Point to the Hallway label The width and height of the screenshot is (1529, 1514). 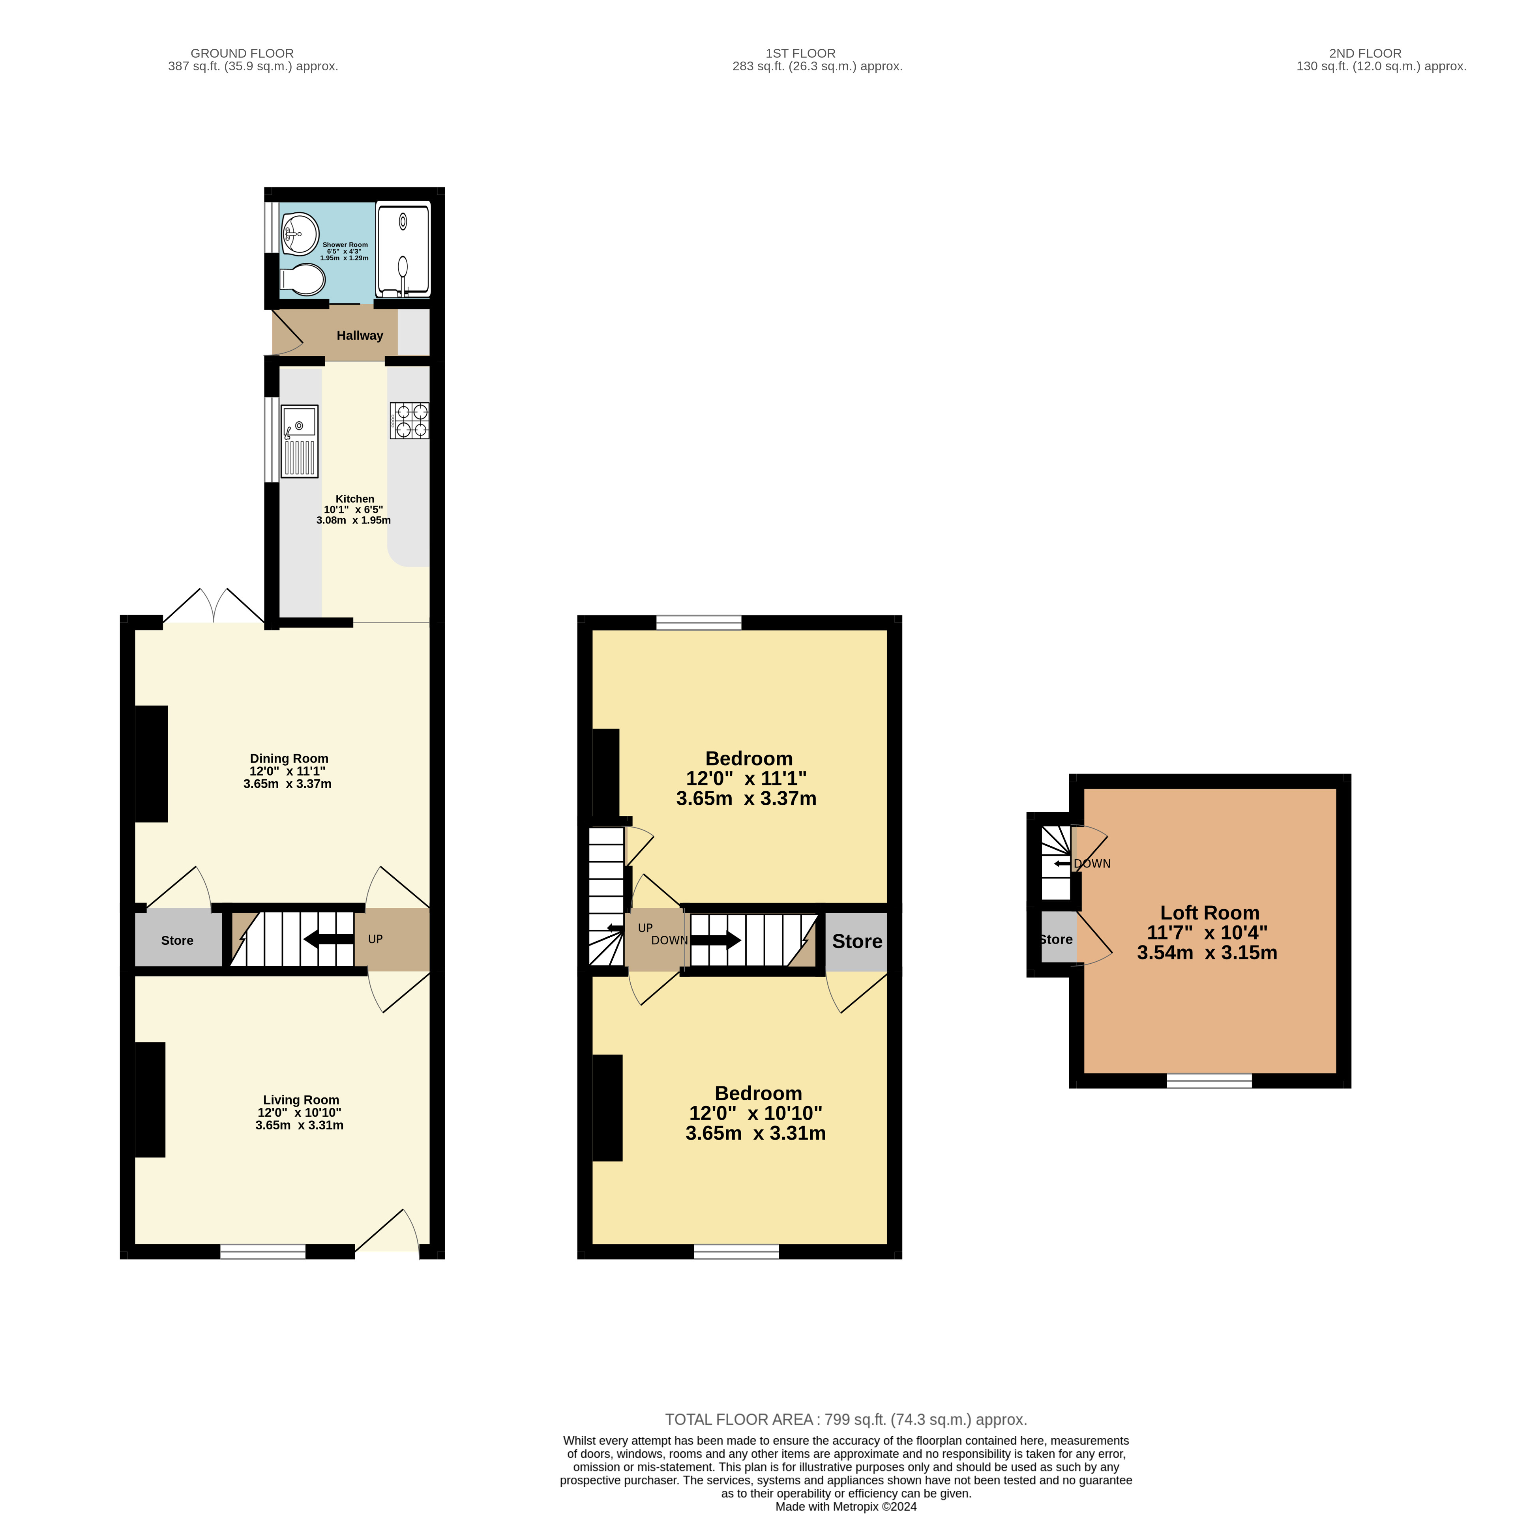(360, 335)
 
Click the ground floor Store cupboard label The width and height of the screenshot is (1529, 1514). (177, 940)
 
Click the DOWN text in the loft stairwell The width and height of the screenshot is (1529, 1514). (1092, 864)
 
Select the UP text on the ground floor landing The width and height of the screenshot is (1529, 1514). (375, 939)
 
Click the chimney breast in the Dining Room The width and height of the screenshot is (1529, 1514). (151, 764)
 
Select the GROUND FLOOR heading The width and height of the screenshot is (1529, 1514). (242, 53)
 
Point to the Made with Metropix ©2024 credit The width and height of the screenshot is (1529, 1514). (846, 1506)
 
